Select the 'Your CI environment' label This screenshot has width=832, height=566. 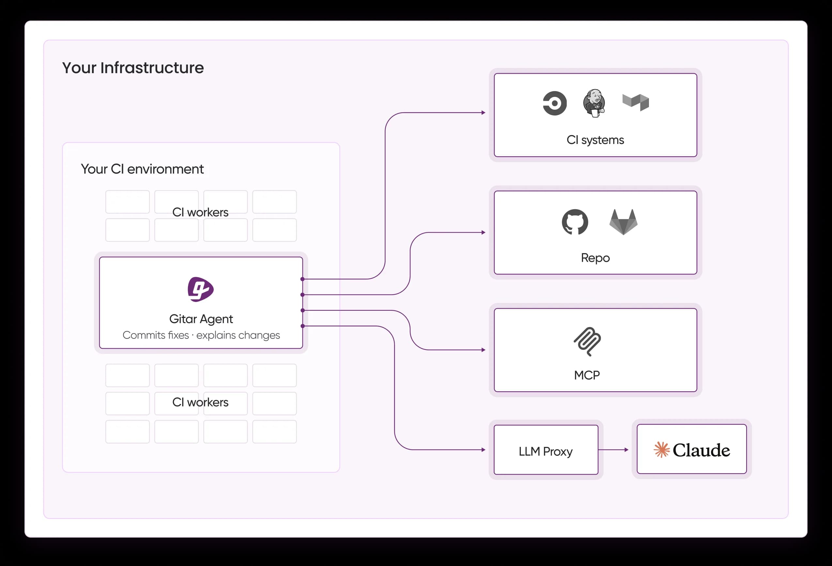tap(142, 169)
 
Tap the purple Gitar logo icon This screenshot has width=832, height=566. tap(200, 289)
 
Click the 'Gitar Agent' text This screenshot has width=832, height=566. tap(201, 319)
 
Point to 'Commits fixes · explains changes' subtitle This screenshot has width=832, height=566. tap(201, 335)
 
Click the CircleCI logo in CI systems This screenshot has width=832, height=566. tap(555, 103)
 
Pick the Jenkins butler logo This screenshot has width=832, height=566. tap(594, 103)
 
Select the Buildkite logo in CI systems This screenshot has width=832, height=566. tap(636, 102)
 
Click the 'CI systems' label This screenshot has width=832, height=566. tap(595, 140)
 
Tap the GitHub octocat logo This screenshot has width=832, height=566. tap(575, 222)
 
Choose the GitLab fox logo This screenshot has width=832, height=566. tap(623, 222)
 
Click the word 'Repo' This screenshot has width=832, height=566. tap(595, 258)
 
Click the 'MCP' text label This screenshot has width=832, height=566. tap(587, 375)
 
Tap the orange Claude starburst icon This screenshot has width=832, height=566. tap(661, 449)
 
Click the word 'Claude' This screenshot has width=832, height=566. tap(701, 450)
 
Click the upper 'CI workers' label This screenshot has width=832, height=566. tap(200, 212)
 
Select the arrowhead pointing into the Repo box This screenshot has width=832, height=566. tap(483, 232)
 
